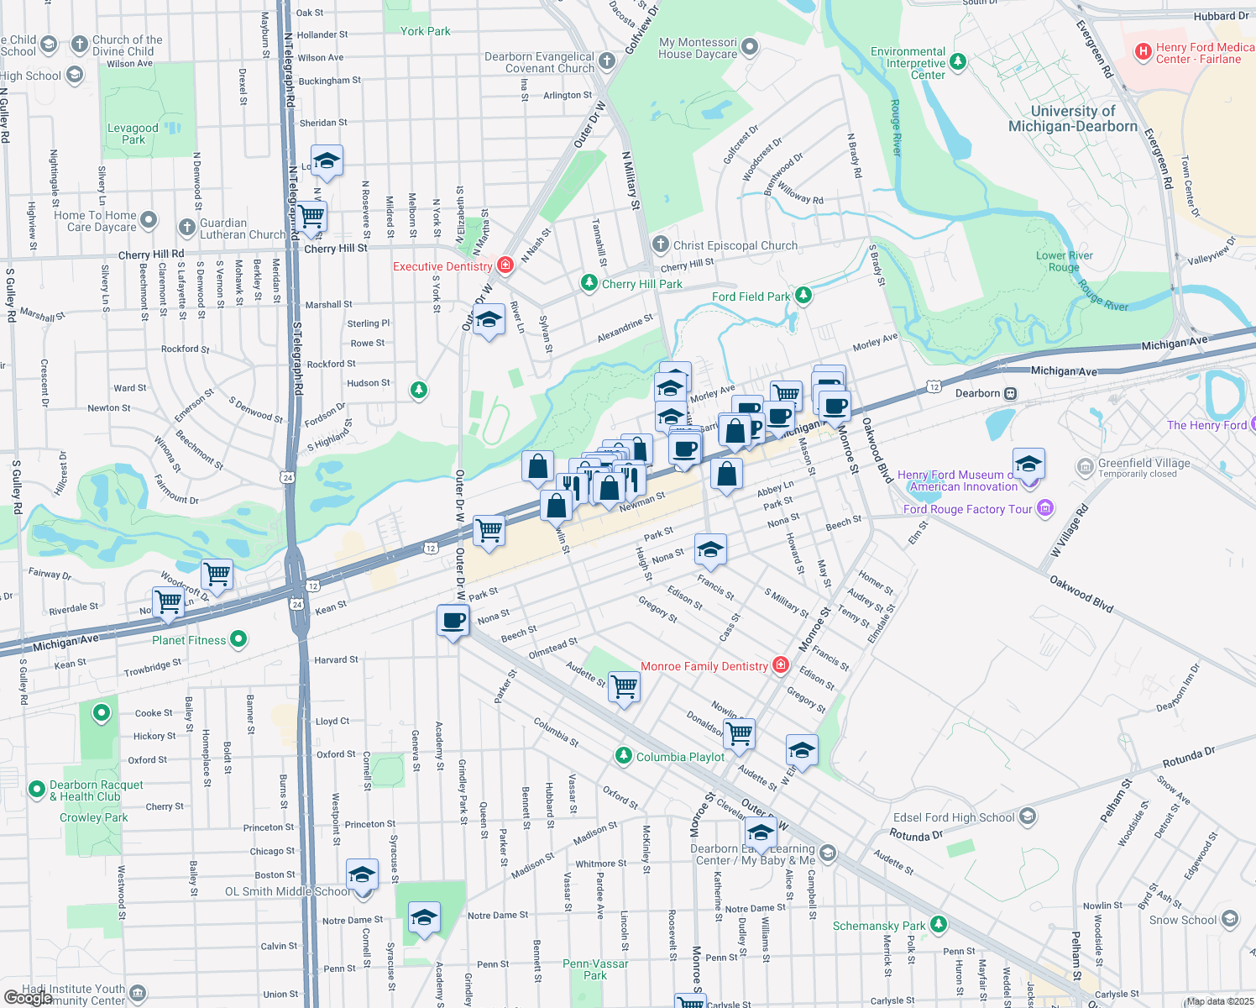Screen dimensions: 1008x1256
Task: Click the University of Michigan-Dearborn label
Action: click(1073, 118)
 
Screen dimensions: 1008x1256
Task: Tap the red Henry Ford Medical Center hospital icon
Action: click(1143, 52)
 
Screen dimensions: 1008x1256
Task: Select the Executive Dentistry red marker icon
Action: click(505, 266)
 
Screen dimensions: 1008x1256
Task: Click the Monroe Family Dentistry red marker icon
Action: click(781, 665)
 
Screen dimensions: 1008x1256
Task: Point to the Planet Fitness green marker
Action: click(238, 639)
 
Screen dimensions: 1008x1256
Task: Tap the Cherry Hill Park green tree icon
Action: click(589, 283)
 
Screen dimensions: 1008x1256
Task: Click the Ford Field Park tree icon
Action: click(803, 295)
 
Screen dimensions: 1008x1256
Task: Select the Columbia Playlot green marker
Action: click(623, 756)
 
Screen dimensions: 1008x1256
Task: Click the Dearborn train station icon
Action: click(1011, 393)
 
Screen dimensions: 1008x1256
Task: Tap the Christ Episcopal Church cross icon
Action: click(660, 244)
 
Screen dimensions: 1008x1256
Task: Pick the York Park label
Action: click(425, 31)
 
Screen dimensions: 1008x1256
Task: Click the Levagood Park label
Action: click(133, 134)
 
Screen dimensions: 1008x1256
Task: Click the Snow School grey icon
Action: click(1230, 919)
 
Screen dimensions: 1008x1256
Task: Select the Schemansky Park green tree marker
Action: click(939, 925)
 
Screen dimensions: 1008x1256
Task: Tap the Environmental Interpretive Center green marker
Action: click(958, 62)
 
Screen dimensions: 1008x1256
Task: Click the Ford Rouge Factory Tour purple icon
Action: click(1045, 508)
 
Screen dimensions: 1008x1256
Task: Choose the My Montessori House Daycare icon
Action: click(750, 47)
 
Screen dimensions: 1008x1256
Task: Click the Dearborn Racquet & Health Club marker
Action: click(36, 790)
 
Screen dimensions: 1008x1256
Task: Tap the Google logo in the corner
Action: click(28, 998)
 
